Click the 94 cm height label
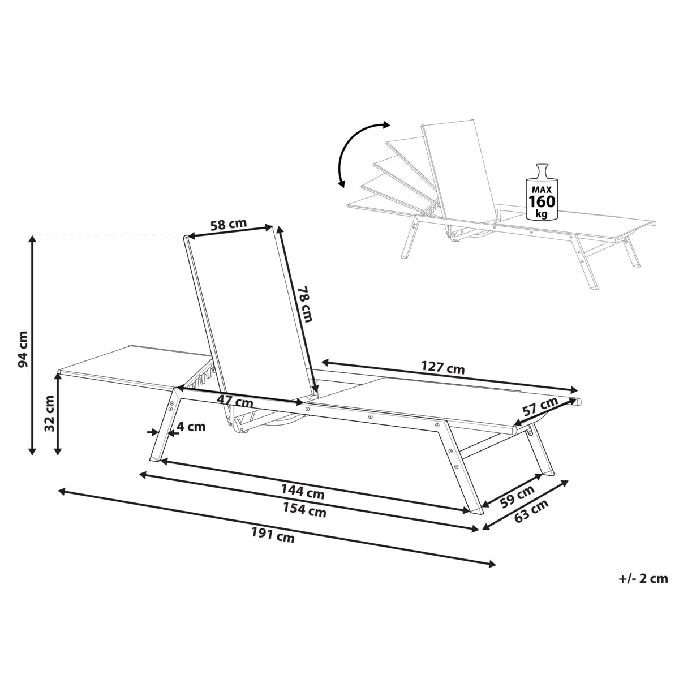(x=23, y=349)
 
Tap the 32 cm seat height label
(x=49, y=412)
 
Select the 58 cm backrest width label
(x=229, y=225)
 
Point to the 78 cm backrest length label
(x=305, y=304)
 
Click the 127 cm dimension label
(x=443, y=368)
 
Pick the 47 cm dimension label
(x=235, y=401)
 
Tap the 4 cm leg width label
(x=191, y=427)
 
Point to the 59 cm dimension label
(x=518, y=496)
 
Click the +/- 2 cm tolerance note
(x=643, y=579)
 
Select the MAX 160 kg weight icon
(x=542, y=192)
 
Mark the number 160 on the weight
(x=542, y=201)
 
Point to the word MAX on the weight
(x=542, y=190)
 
